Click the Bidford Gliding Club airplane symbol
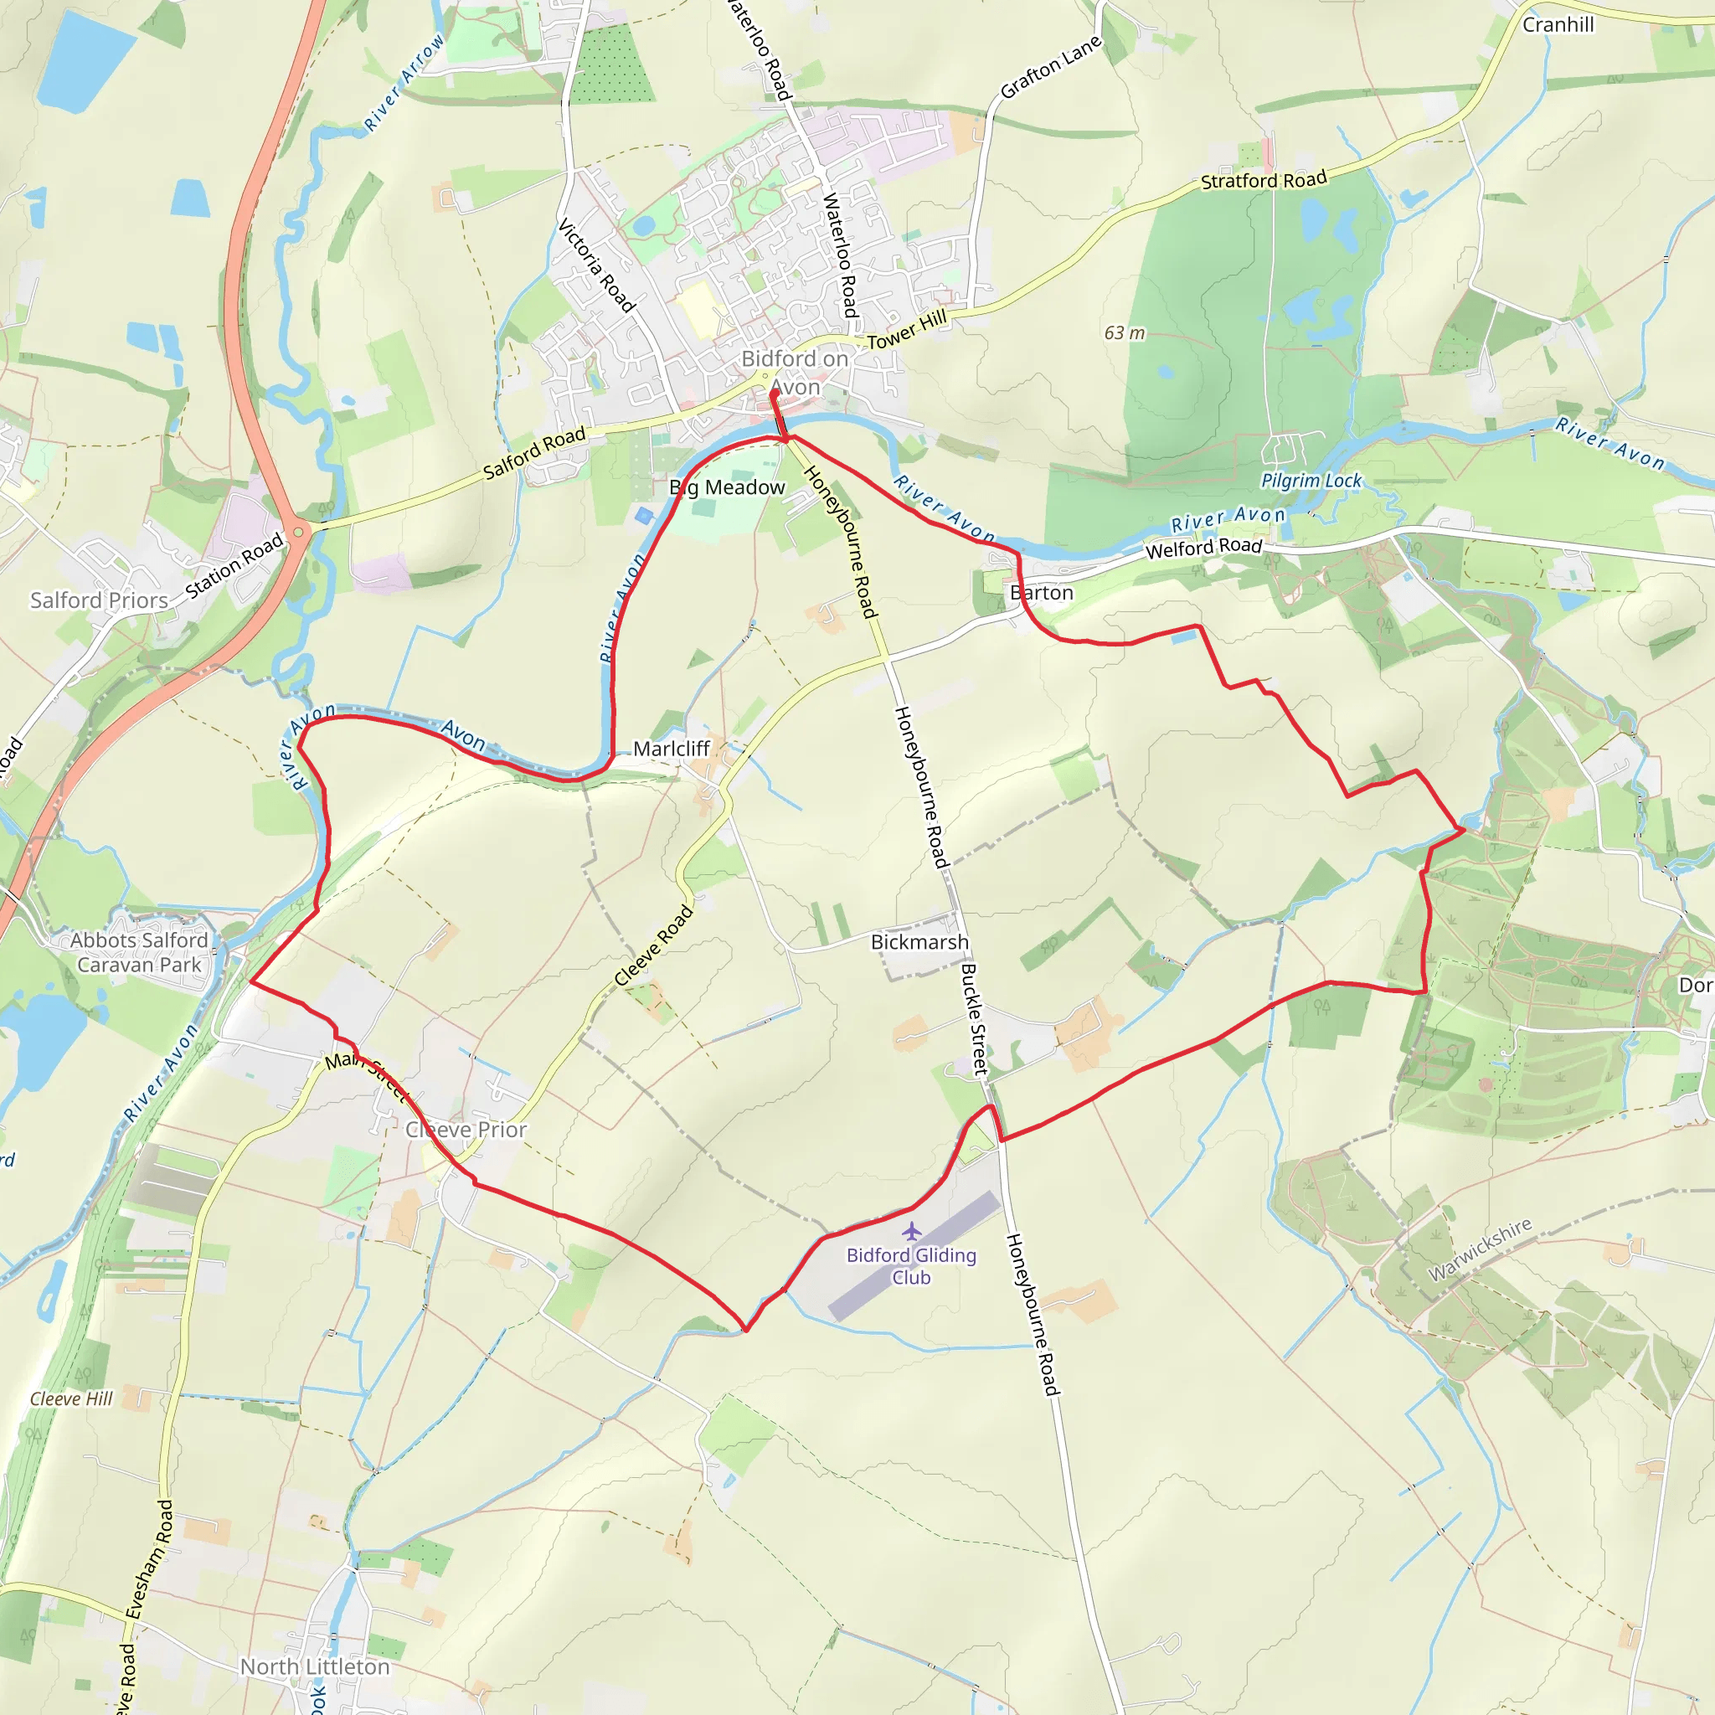pyautogui.click(x=912, y=1232)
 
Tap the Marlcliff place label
pyautogui.click(x=671, y=749)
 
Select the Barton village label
pyautogui.click(x=1041, y=593)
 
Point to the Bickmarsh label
pyautogui.click(x=919, y=942)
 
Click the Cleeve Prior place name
pyautogui.click(x=466, y=1130)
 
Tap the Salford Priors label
pyautogui.click(x=100, y=601)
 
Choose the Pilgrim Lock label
pyautogui.click(x=1311, y=482)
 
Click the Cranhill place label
pyautogui.click(x=1558, y=25)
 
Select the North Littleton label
pyautogui.click(x=315, y=1667)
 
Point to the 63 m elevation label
pyautogui.click(x=1125, y=333)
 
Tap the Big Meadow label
pyautogui.click(x=727, y=487)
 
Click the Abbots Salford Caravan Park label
pyautogui.click(x=139, y=952)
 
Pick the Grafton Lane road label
pyautogui.click(x=1051, y=68)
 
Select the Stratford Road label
pyautogui.click(x=1263, y=180)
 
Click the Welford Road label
pyautogui.click(x=1203, y=548)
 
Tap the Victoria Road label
pyautogui.click(x=596, y=266)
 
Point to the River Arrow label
pyautogui.click(x=404, y=84)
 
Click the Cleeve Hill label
pyautogui.click(x=72, y=1399)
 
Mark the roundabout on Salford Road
pyautogui.click(x=298, y=532)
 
